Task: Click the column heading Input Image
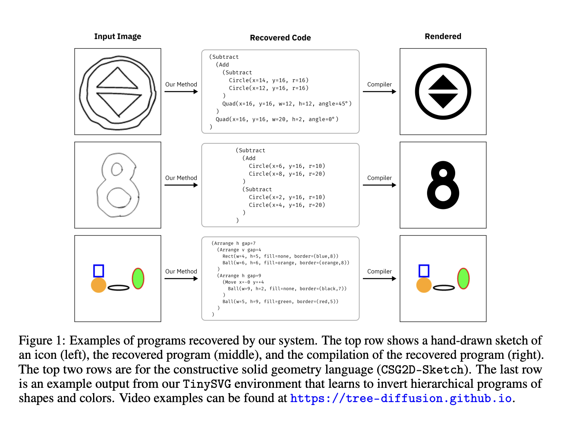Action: pos(118,36)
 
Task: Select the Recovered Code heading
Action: pos(280,38)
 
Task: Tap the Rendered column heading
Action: pos(443,36)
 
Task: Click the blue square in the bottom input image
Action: pos(98,271)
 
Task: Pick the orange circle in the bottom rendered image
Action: pos(424,285)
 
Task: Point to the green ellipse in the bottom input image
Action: pos(138,278)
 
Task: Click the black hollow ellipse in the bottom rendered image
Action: pos(444,288)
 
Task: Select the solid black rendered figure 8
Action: pos(443,185)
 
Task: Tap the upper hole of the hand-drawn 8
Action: pos(117,169)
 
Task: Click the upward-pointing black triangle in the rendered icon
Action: pos(443,83)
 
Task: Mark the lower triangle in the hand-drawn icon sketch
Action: pos(118,103)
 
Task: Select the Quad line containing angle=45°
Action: pos(287,104)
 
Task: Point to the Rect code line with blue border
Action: pos(280,256)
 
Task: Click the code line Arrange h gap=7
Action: pos(234,243)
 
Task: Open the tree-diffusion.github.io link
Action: pos(401,398)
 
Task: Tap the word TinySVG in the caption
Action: pos(207,384)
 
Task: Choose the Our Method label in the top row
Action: pos(181,85)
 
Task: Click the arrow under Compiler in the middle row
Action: pos(379,185)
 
